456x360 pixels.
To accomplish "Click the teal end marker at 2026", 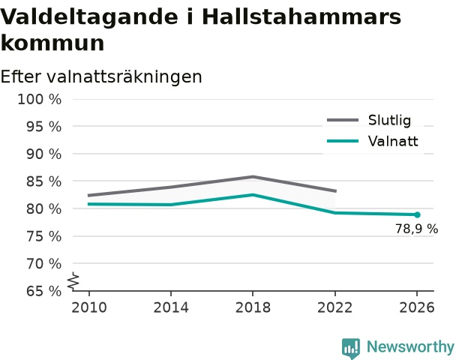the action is pos(417,215).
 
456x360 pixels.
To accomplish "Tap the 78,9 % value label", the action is pos(416,229).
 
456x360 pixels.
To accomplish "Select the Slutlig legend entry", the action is pos(369,120).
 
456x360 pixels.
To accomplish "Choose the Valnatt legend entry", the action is pos(373,141).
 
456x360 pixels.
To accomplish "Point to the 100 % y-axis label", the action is pos(40,100).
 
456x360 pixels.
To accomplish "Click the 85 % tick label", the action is pos(44,181).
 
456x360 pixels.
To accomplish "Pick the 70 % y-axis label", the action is pos(44,264).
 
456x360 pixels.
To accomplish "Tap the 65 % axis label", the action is pos(44,291).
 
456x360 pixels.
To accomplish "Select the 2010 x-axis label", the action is pos(89,307).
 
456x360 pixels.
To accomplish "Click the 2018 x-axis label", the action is pos(253,307).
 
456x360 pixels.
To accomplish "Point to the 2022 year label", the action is pos(334,307).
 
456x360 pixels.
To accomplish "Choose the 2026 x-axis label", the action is pos(417,307).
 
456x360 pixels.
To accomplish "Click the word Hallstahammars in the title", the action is pos(301,16).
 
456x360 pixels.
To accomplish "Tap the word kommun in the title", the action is pos(52,43).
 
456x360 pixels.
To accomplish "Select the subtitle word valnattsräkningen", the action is pos(124,76).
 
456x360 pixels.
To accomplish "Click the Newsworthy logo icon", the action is pos(351,348).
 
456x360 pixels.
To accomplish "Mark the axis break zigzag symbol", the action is pos(73,281).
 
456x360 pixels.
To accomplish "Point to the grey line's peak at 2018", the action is pos(253,176).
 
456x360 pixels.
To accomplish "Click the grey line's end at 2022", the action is pos(336,191).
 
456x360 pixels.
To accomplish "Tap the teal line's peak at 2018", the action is pos(253,195).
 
